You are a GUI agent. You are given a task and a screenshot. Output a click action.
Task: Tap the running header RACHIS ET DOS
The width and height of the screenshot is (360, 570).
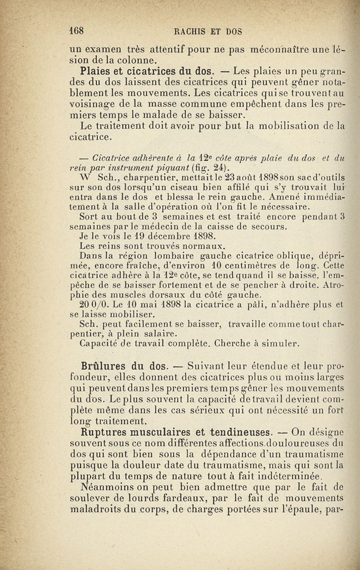tap(208, 31)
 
